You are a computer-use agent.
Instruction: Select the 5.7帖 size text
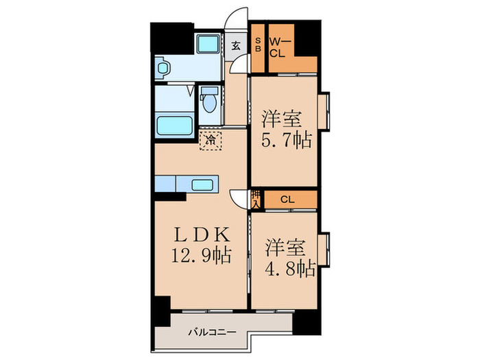[x=286, y=140]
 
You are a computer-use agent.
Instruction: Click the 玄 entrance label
[x=235, y=47]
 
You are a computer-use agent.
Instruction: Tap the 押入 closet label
[x=256, y=200]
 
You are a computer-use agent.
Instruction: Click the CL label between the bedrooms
[x=287, y=200]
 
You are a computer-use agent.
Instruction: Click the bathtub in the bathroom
[x=174, y=127]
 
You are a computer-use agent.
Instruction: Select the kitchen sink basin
[x=203, y=184]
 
